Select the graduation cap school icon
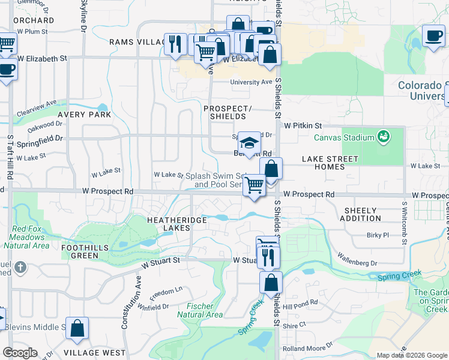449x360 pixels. (249, 143)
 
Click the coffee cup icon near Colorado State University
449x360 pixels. (433, 35)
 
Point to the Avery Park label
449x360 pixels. (85, 114)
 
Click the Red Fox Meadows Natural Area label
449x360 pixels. (31, 237)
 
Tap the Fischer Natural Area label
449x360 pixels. (200, 310)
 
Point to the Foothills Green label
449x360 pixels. (80, 251)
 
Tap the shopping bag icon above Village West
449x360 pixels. (77, 328)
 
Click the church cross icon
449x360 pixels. (20, 266)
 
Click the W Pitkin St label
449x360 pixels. (303, 126)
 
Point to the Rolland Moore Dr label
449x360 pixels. (308, 346)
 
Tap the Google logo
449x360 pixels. (20, 352)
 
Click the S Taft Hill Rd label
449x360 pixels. (10, 157)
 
